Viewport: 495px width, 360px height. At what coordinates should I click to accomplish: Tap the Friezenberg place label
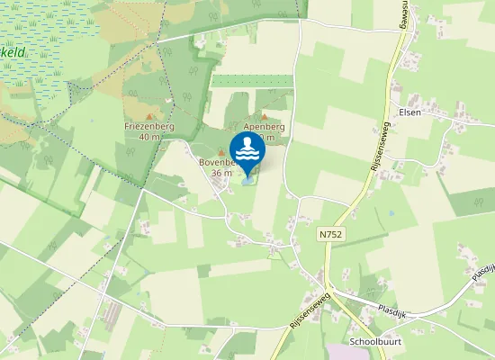(149, 127)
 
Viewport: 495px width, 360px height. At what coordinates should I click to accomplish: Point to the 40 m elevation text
(149, 138)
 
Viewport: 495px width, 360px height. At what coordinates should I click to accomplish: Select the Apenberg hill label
(264, 128)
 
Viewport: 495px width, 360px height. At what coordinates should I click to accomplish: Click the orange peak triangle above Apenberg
(264, 117)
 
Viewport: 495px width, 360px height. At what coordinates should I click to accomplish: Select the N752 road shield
(329, 233)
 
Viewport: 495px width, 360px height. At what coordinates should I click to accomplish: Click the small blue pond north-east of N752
(391, 213)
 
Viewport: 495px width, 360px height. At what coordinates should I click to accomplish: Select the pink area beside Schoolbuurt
(346, 352)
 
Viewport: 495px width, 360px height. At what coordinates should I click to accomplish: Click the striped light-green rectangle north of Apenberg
(252, 81)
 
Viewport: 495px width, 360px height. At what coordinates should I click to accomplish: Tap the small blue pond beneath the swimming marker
(247, 179)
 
